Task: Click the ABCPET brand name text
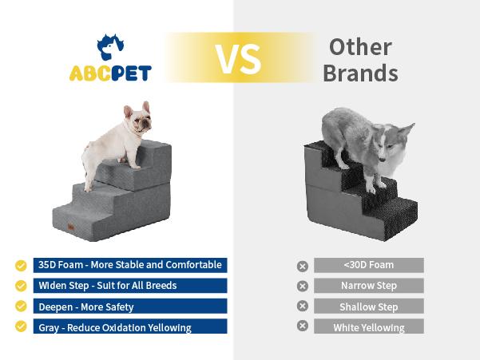click(x=110, y=73)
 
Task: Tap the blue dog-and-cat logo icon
click(x=110, y=47)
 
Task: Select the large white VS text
click(x=237, y=57)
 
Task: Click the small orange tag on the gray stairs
click(x=72, y=227)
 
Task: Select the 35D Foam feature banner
click(x=129, y=265)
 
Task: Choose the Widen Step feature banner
click(x=129, y=286)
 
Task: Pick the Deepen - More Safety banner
click(x=129, y=307)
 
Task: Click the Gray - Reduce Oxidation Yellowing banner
click(x=129, y=326)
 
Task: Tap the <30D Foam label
click(x=368, y=265)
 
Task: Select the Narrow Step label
click(x=368, y=286)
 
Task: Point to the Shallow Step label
click(x=368, y=307)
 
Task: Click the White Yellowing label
click(x=368, y=327)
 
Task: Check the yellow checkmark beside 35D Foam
click(x=21, y=265)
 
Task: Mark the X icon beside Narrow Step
click(x=302, y=286)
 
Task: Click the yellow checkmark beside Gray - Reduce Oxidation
click(x=21, y=326)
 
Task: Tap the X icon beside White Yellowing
click(x=302, y=326)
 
